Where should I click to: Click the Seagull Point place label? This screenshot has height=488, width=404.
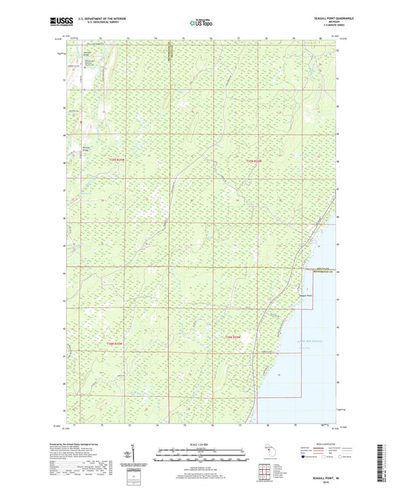[305, 296]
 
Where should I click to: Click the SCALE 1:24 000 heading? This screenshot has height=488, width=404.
[201, 444]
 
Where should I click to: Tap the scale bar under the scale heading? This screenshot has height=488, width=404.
[201, 455]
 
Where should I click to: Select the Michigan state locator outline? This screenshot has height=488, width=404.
[274, 453]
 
